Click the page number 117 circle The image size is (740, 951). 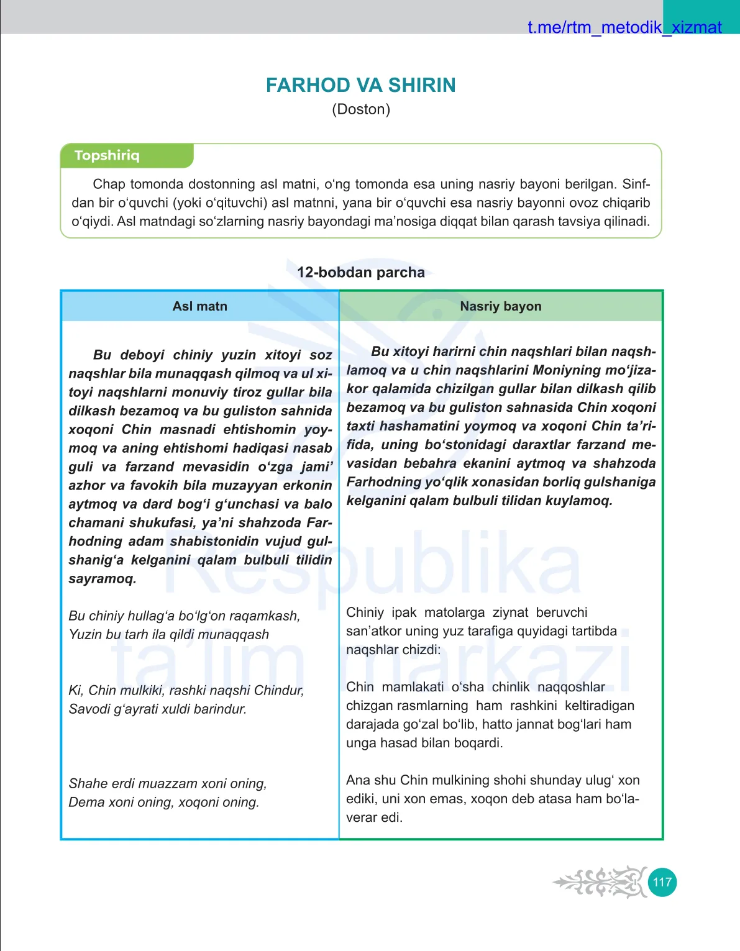[662, 882]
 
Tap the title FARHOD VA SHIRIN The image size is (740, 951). [360, 85]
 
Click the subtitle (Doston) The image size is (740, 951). [360, 109]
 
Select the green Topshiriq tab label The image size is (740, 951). [107, 155]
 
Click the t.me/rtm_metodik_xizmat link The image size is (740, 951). [624, 27]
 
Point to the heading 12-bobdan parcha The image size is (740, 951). [360, 272]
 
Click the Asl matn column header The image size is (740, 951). [199, 306]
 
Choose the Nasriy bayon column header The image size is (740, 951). [500, 306]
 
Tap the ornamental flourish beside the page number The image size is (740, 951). [600, 882]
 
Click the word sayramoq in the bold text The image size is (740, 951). [102, 579]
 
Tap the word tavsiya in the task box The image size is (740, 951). [577, 222]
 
